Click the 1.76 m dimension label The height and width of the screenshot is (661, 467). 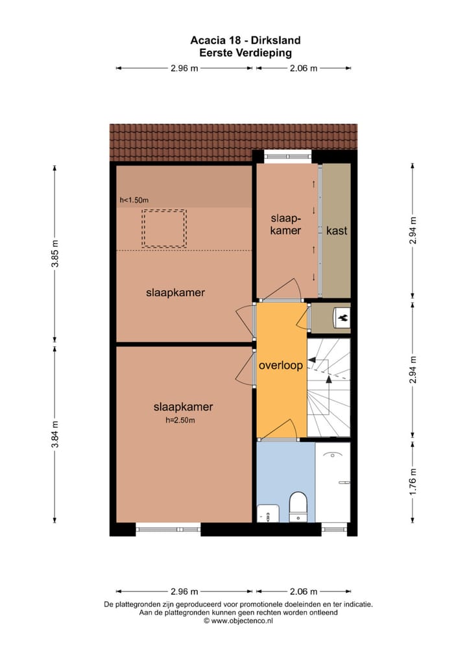click(x=413, y=481)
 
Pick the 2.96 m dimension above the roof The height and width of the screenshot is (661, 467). click(x=184, y=68)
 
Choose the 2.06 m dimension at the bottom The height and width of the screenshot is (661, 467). click(x=304, y=591)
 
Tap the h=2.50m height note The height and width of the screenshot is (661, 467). click(x=180, y=420)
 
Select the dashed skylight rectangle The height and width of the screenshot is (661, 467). click(x=164, y=228)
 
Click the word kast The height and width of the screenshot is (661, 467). click(x=337, y=231)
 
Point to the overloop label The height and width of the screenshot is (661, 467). click(x=280, y=366)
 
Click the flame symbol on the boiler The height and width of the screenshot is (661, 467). click(x=341, y=318)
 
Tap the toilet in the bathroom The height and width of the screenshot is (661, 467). click(x=298, y=506)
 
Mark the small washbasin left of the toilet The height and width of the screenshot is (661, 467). click(x=267, y=513)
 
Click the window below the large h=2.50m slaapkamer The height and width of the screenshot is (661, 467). click(x=168, y=529)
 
